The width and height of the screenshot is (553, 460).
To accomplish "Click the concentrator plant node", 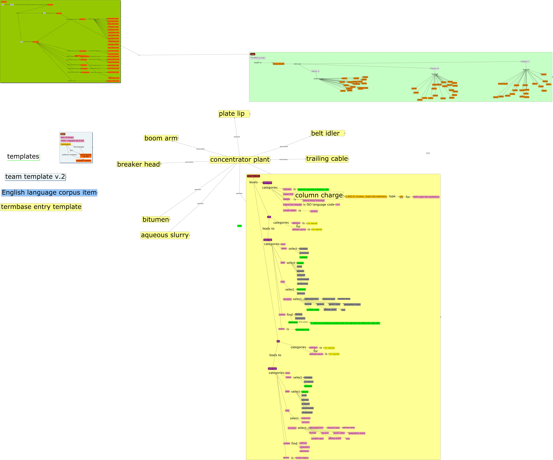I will click(240, 160).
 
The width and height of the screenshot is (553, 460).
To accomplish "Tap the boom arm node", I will click(161, 138).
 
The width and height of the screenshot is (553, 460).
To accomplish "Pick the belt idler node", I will click(327, 133).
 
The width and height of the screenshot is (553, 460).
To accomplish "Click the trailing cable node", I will click(327, 159).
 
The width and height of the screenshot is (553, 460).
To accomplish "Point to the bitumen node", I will click(156, 219).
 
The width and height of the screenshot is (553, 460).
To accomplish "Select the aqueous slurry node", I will click(165, 235).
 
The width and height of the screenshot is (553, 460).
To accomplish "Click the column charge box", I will click(319, 195).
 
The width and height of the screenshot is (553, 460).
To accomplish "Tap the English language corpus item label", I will click(49, 193).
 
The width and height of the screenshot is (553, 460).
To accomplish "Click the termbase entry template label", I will click(41, 207).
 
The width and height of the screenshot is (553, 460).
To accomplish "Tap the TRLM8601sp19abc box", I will click(258, 58).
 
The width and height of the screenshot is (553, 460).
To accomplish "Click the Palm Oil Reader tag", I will click(67, 137).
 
